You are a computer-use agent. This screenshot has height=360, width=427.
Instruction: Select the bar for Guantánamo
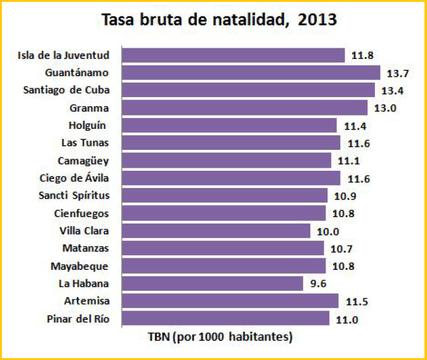pos(251,72)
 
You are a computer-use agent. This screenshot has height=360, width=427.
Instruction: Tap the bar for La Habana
pos(212,283)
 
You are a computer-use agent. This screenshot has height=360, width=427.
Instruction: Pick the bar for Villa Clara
pos(216,230)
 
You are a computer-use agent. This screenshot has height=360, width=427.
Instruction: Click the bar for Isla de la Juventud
pos(233,55)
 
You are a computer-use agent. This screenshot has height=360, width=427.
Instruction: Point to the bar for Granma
pos(244,108)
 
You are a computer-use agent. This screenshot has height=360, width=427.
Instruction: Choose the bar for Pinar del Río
pos(225,318)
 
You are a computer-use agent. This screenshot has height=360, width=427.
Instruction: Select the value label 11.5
pos(354,301)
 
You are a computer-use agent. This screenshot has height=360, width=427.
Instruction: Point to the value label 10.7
pos(339,248)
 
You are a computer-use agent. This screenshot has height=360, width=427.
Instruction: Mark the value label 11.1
pos(346,161)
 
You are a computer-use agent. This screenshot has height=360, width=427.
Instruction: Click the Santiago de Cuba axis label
pos(66,90)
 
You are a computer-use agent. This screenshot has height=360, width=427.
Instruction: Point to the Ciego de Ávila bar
pos(230,178)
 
